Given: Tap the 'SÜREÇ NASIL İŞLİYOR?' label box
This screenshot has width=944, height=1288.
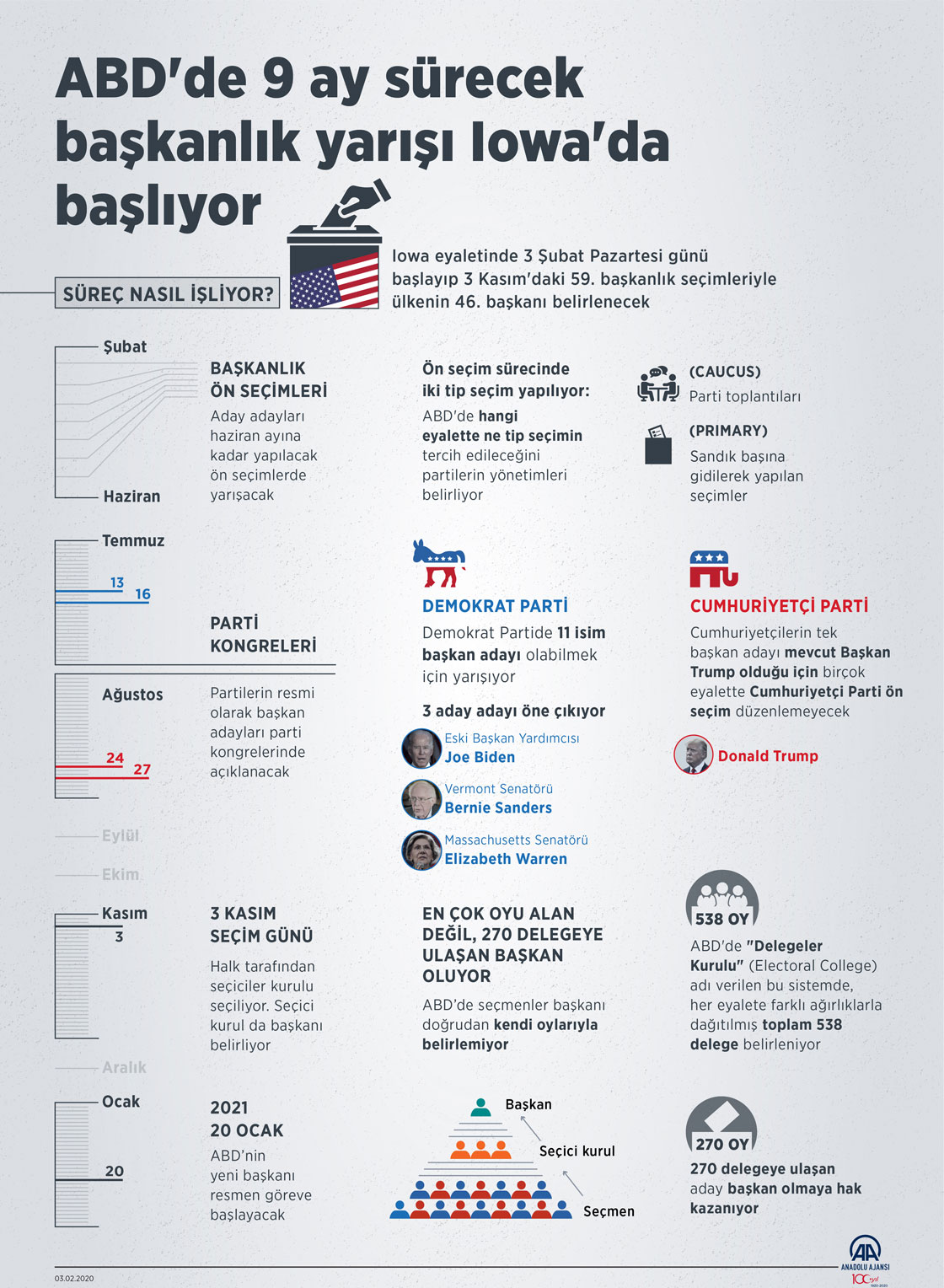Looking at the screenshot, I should [168, 293].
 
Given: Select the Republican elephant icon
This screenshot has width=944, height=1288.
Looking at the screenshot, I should [713, 569].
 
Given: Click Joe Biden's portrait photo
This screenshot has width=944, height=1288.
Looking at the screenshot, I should [421, 748].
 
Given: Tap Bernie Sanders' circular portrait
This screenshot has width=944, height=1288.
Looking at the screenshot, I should [421, 799].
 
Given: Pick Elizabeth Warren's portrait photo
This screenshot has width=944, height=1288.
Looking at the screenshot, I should [421, 850].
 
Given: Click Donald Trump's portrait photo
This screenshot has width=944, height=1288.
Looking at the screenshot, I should [694, 755].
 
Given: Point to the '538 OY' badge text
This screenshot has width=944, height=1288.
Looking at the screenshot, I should [721, 919].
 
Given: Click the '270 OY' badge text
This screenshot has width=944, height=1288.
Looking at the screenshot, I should [721, 1144].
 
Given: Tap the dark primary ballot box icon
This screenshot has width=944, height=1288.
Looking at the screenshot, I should [658, 445].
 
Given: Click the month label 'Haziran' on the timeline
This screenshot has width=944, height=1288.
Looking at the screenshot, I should [131, 496].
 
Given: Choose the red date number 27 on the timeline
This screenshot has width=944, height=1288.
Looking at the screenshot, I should [142, 770].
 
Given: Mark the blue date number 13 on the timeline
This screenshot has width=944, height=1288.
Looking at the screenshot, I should [117, 582].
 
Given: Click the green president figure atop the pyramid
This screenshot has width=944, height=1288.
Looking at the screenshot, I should [480, 1108].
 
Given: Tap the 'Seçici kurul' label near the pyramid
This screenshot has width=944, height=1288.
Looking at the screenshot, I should [577, 1151].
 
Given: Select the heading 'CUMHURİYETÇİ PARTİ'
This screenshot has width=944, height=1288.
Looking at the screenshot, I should [779, 606].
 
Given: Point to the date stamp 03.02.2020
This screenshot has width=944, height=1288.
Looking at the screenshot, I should [74, 1278].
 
